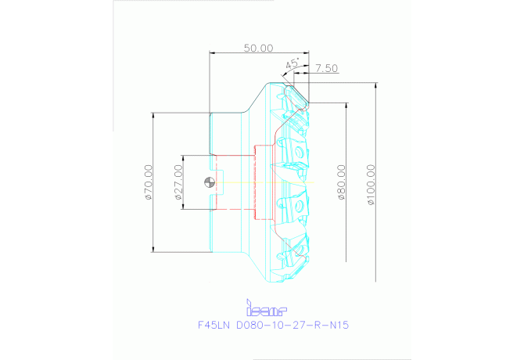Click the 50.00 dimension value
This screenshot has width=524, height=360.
point(258,48)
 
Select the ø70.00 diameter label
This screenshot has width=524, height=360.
point(148,182)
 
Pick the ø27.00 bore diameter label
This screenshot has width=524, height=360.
point(178,182)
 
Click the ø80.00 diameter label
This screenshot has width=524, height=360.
point(341,182)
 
